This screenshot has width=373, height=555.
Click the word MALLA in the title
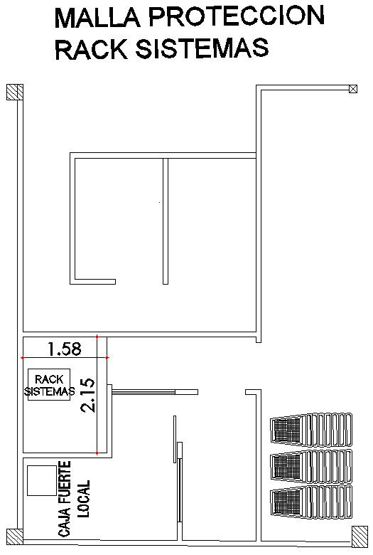[95, 17]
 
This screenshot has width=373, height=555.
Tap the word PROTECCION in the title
[236, 16]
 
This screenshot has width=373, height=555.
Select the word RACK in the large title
[91, 49]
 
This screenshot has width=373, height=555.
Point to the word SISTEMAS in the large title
[202, 48]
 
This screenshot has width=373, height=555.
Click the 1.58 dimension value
[65, 349]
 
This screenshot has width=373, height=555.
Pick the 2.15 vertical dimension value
[87, 396]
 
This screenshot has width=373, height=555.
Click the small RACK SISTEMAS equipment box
[49, 385]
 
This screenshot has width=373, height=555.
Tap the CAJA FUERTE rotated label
[65, 499]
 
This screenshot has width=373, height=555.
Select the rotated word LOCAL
[84, 498]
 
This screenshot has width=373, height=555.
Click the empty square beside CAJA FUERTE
[42, 480]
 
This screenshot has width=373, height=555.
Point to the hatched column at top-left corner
[15, 92]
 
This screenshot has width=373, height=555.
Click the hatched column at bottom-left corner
[15, 537]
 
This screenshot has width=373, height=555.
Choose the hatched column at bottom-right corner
[360, 536]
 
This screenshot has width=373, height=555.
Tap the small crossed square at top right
[353, 89]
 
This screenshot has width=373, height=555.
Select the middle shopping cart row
[311, 466]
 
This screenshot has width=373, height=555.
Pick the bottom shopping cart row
[311, 502]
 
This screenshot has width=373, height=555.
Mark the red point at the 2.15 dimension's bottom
[97, 453]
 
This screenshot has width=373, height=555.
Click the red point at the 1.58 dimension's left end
[23, 358]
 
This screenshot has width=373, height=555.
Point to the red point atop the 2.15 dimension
[97, 337]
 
